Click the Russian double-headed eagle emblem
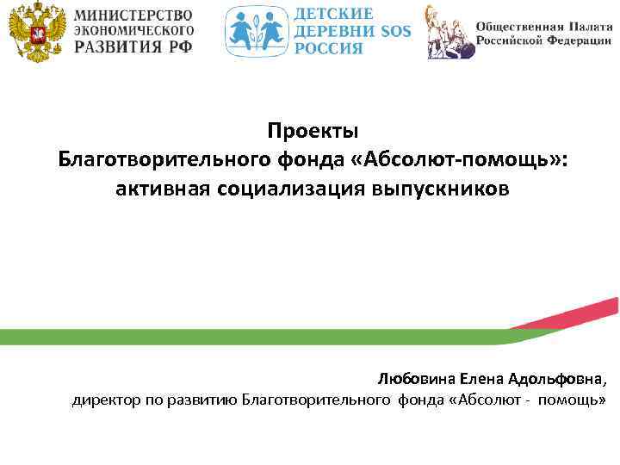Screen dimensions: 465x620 point(35,33)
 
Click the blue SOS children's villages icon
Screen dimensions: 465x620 point(255,32)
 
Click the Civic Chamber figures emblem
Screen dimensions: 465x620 point(449,33)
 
